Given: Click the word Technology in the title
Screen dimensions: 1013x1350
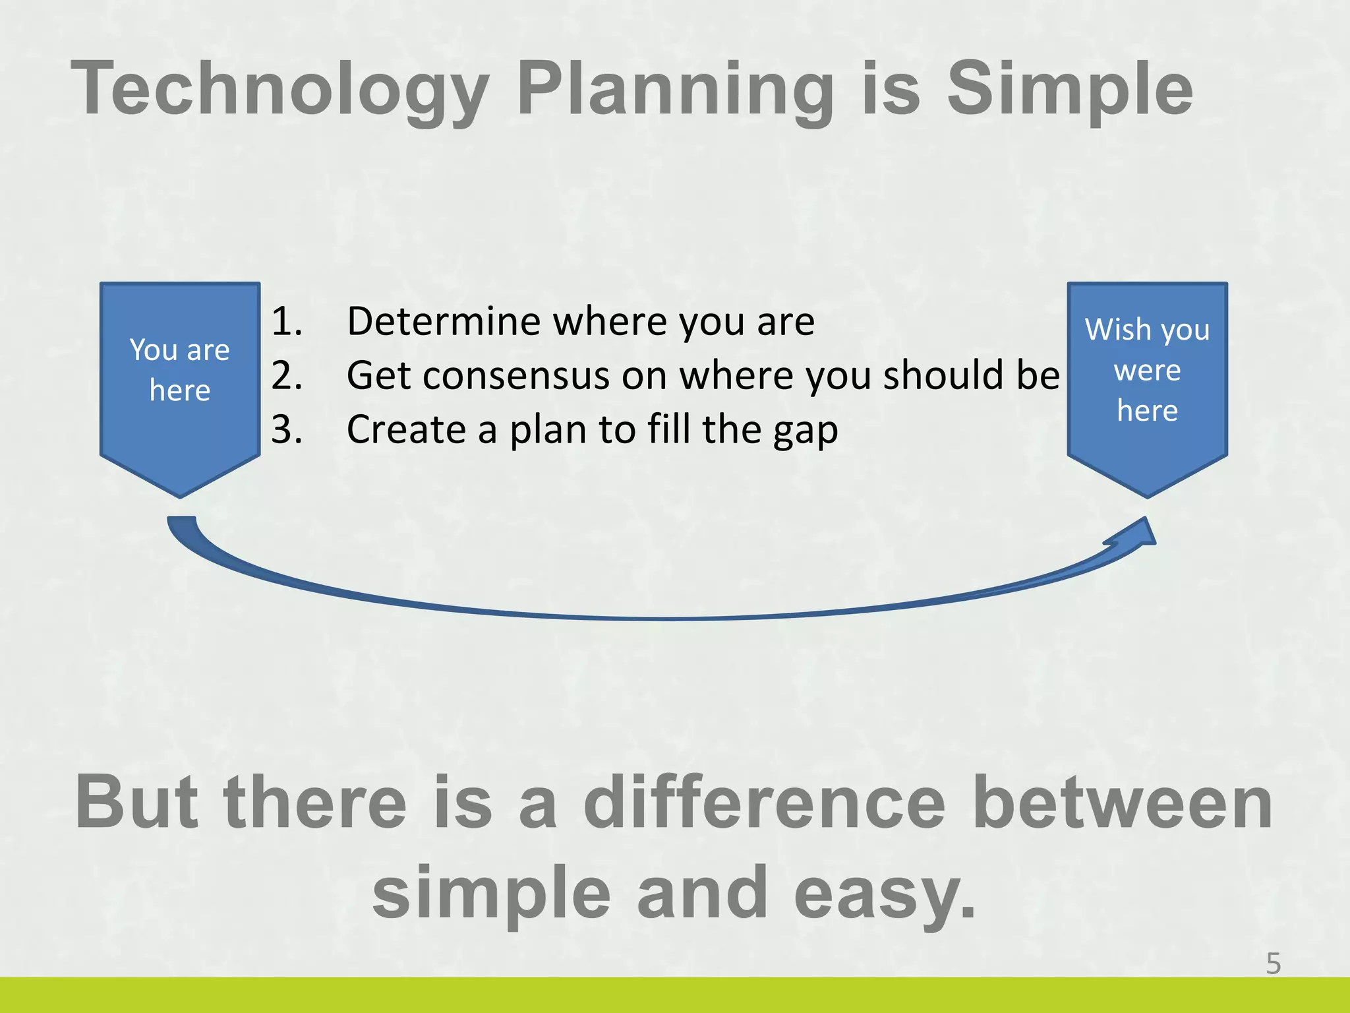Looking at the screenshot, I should coord(280,89).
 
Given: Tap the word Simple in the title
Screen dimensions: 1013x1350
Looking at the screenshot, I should coord(1069,89).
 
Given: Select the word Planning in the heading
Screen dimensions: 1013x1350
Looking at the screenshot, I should coord(676,89).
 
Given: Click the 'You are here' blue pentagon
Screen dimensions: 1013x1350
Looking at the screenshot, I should coord(180,389).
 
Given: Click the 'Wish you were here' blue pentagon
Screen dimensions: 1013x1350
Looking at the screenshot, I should coord(1147,389).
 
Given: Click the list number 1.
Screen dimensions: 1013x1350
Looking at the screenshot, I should coord(287,321).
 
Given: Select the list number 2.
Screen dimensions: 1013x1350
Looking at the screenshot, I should coord(287,375).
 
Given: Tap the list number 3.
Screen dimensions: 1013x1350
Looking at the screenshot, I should coord(287,429).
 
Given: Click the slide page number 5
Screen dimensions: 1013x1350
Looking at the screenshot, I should coord(1273,964).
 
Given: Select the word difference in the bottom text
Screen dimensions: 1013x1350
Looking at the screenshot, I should coord(765,803).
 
